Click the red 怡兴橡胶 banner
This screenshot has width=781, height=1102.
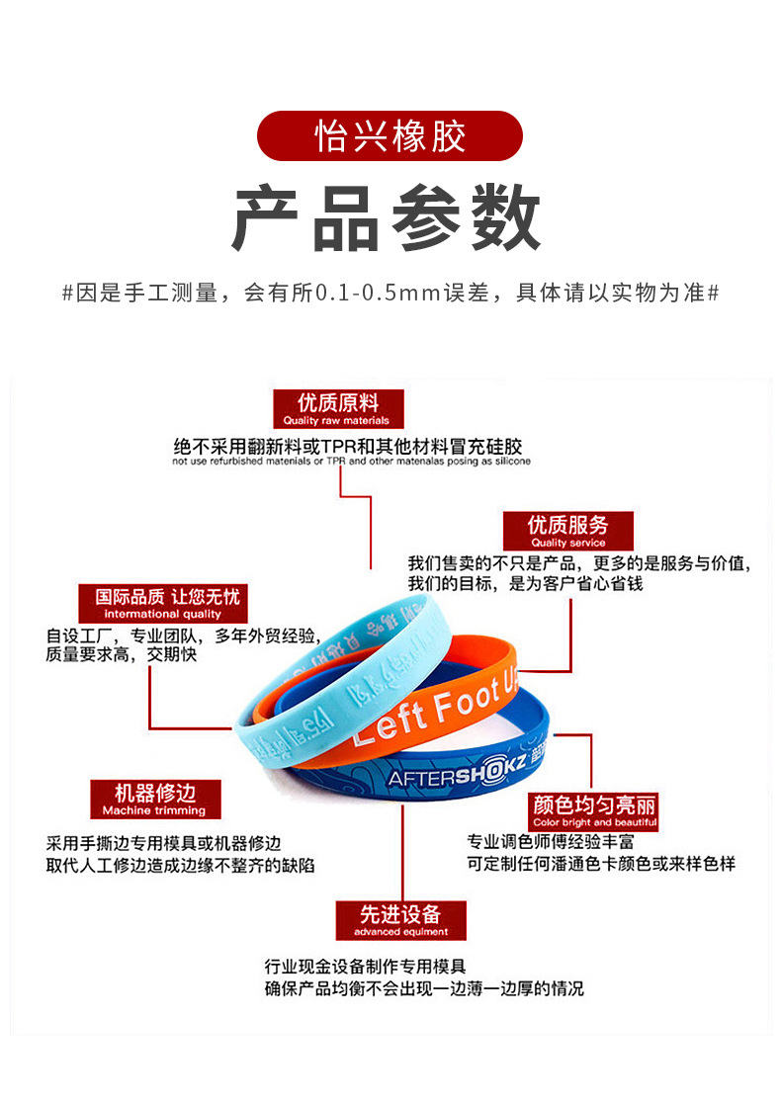coord(390,136)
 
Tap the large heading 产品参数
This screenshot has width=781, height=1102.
coord(388,219)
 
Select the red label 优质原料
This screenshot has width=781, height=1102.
coord(339,408)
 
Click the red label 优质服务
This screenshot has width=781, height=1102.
coord(567,530)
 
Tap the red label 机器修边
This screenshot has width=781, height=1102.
coord(154,799)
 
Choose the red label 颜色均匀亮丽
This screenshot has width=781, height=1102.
coord(594,810)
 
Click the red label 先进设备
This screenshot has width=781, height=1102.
coord(400,920)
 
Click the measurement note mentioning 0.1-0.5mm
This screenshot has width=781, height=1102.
coord(390,294)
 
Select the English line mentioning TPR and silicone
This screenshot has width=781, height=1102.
coord(351,462)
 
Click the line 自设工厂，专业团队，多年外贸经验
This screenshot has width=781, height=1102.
coord(181,635)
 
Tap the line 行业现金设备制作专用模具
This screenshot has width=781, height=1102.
coord(365,967)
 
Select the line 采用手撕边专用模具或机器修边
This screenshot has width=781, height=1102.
coord(164,844)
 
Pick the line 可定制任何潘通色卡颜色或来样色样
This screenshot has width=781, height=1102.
coord(601,864)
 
